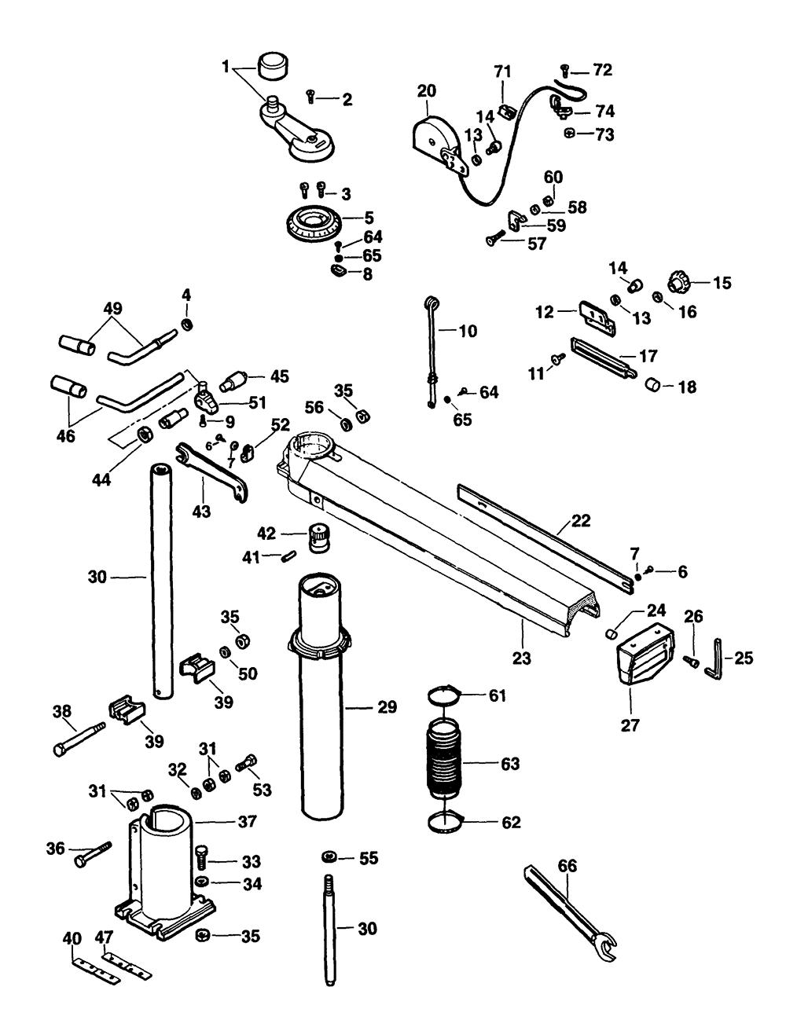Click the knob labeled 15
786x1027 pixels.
(x=678, y=281)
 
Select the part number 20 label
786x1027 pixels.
(x=426, y=91)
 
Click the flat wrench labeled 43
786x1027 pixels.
(x=210, y=471)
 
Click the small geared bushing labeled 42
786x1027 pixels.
(x=318, y=537)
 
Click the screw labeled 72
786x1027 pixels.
(x=565, y=71)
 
